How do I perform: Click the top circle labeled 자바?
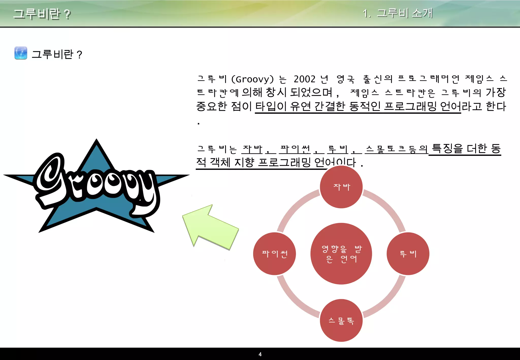pyautogui.click(x=341, y=187)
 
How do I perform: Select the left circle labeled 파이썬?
pyautogui.click(x=274, y=254)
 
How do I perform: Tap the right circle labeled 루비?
pyautogui.click(x=408, y=254)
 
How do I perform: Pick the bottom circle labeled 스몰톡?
pyautogui.click(x=341, y=320)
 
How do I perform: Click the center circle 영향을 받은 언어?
pyautogui.click(x=341, y=254)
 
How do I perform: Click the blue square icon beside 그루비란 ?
pyautogui.click(x=21, y=53)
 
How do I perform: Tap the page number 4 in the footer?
pyautogui.click(x=260, y=354)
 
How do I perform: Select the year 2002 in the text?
pyautogui.click(x=304, y=79)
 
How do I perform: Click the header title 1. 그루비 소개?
pyautogui.click(x=397, y=13)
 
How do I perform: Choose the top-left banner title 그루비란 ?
pyautogui.click(x=42, y=14)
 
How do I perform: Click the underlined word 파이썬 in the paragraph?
pyautogui.click(x=295, y=149)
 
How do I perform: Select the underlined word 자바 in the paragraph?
pyautogui.click(x=252, y=149)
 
